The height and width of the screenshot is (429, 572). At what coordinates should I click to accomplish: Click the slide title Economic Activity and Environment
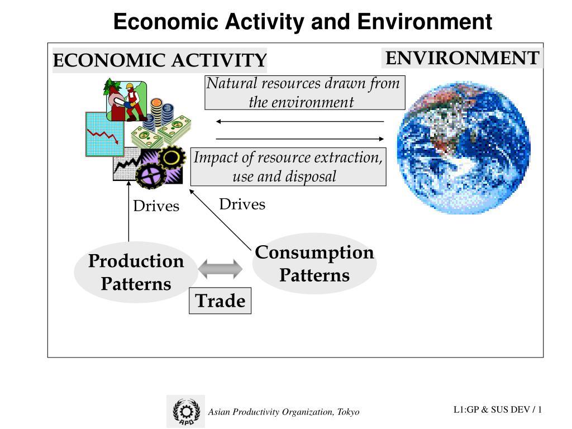tap(303, 22)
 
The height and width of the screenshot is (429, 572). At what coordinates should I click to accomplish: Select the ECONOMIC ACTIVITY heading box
tap(159, 60)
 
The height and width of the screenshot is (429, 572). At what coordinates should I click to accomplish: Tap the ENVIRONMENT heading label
tap(462, 58)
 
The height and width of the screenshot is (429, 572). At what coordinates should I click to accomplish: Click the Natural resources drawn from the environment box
tap(304, 93)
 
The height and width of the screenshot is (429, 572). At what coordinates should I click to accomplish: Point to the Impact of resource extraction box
tap(288, 166)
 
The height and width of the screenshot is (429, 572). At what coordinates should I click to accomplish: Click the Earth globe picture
tap(464, 149)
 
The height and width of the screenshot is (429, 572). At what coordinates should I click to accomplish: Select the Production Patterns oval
tap(136, 272)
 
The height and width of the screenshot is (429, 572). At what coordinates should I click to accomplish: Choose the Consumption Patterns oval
tap(314, 264)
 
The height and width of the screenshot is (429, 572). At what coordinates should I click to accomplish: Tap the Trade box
tap(220, 301)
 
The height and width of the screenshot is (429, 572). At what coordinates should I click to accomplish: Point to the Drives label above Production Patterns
tap(156, 206)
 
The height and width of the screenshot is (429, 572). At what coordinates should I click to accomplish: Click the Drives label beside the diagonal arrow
tap(242, 204)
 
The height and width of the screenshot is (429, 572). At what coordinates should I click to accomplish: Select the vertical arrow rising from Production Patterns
tap(129, 218)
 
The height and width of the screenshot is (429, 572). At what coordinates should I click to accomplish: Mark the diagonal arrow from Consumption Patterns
tap(221, 219)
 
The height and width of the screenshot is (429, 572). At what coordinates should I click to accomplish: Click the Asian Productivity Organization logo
tap(185, 412)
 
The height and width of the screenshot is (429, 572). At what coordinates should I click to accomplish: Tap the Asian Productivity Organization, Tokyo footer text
tap(284, 412)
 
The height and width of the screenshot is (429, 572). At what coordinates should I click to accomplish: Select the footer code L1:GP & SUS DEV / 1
tap(498, 410)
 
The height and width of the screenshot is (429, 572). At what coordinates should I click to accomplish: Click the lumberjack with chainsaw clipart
tap(126, 101)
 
